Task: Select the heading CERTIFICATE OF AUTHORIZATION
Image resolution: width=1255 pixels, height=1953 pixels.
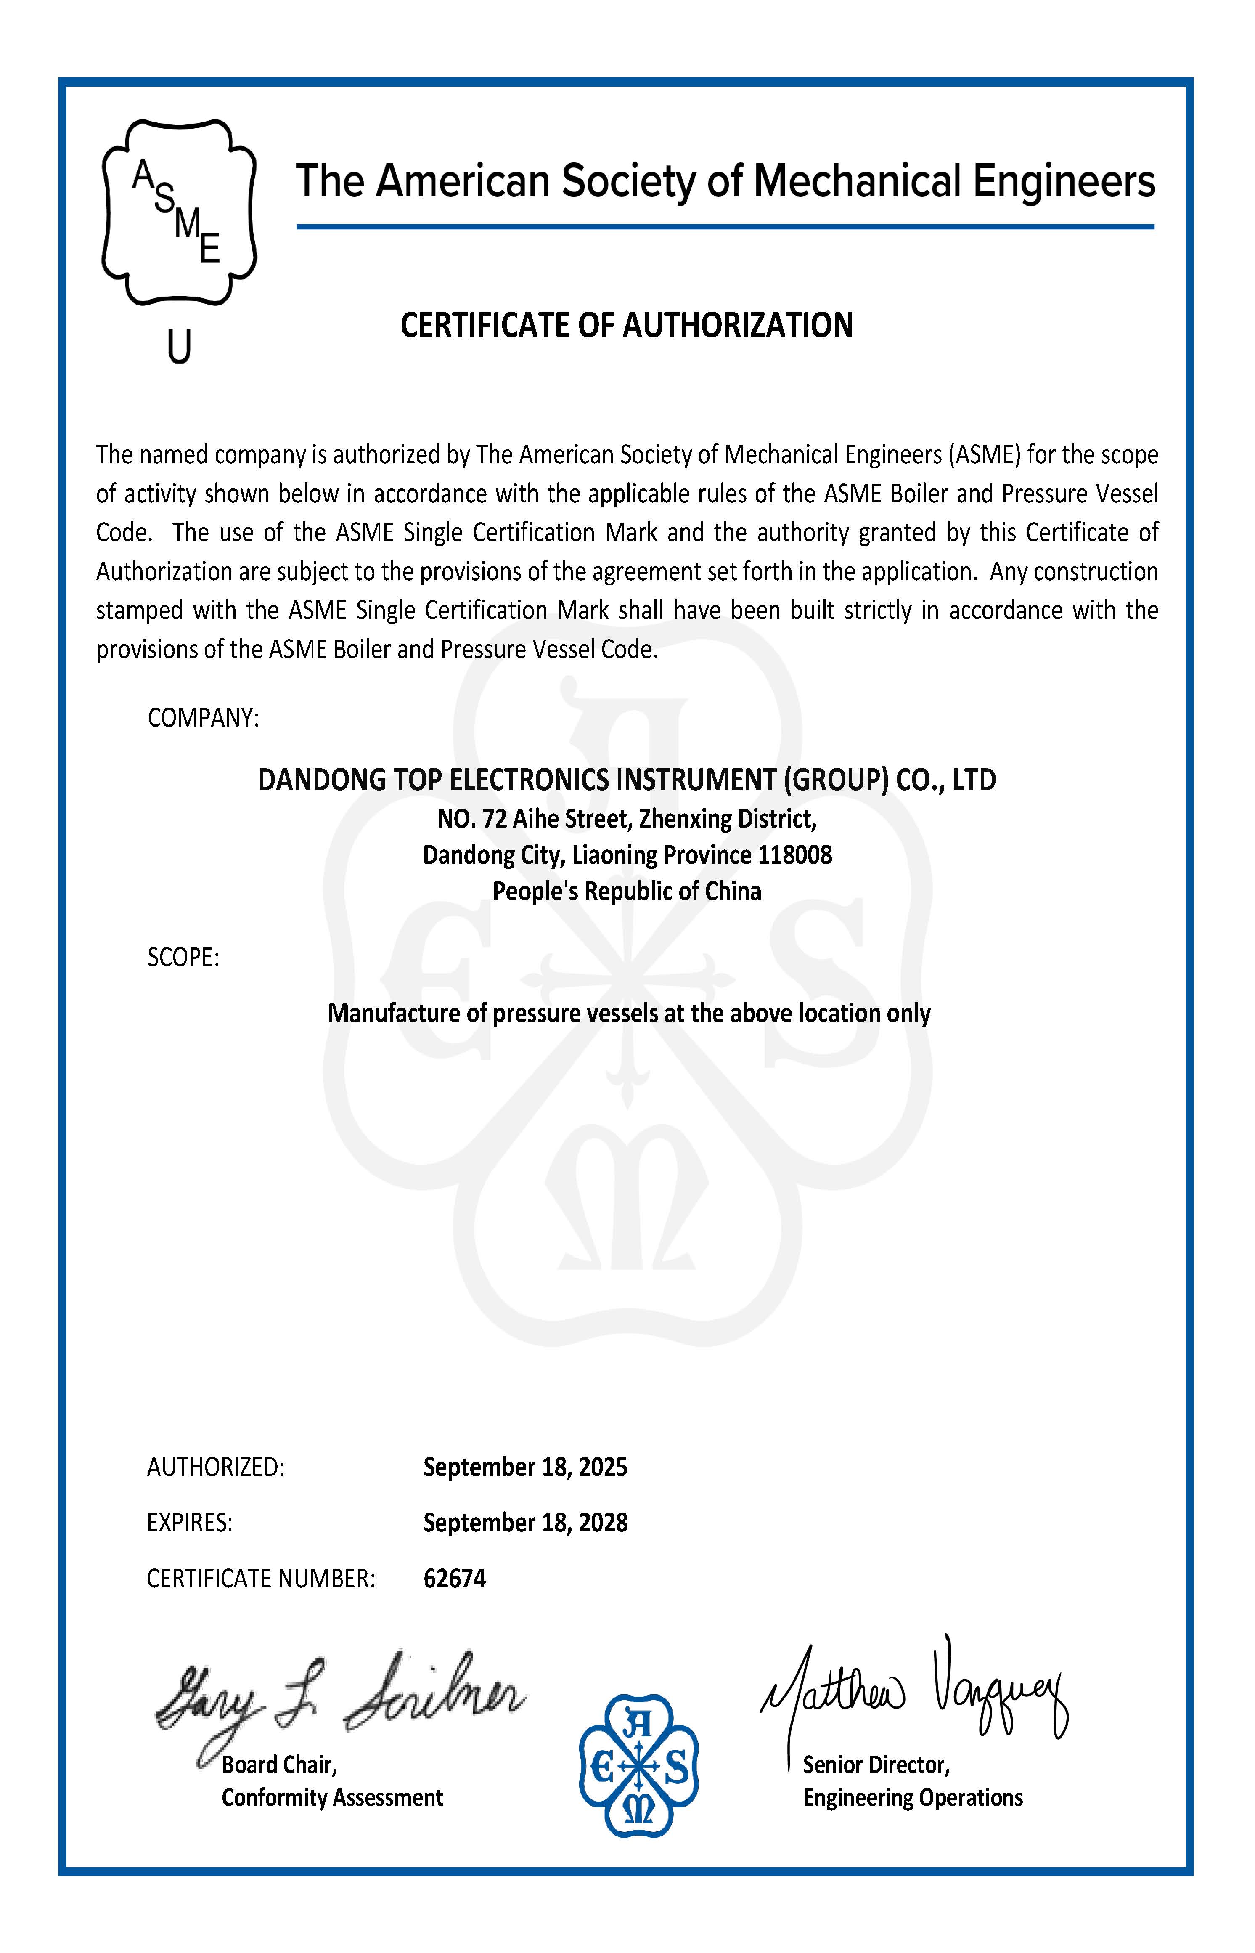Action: (627, 325)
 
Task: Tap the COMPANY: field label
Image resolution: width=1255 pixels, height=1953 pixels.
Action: (203, 718)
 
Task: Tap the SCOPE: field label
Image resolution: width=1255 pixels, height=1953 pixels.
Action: (183, 957)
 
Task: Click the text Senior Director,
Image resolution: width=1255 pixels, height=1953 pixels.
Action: (876, 1765)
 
